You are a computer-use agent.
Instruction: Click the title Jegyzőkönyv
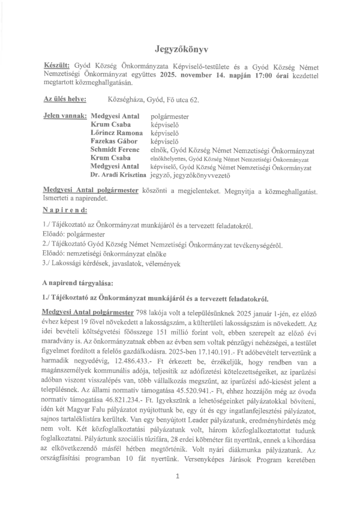click(179, 46)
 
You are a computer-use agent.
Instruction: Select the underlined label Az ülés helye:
click(64, 98)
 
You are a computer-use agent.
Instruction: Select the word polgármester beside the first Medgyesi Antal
click(170, 115)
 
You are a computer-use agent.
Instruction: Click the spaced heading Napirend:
click(65, 211)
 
